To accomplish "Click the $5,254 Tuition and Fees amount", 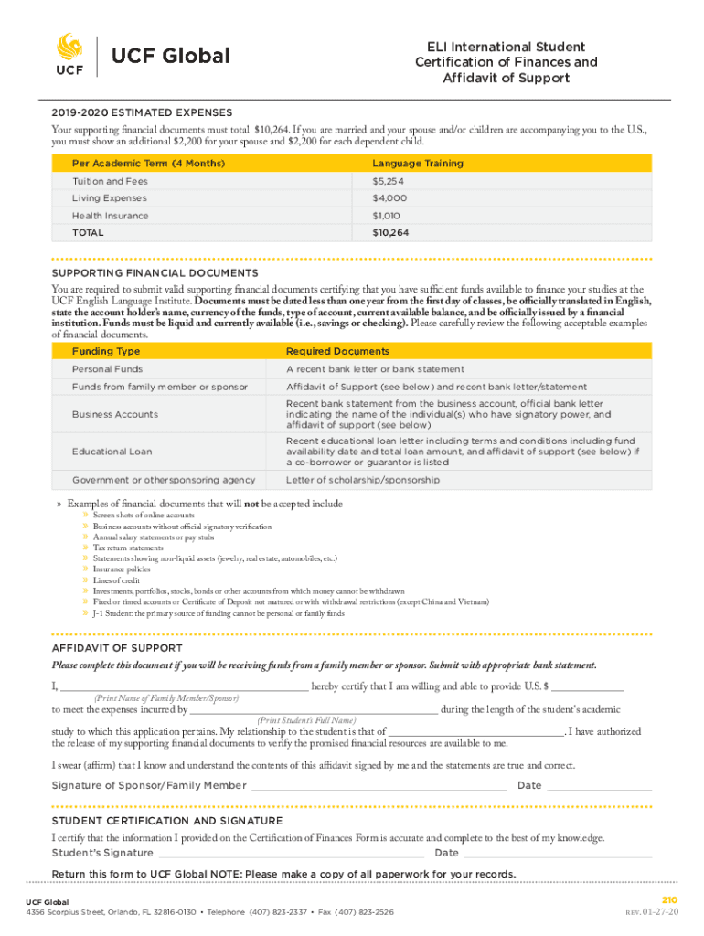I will coord(388,181).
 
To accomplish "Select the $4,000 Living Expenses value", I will coord(389,198).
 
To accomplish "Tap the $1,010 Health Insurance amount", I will coord(387,216).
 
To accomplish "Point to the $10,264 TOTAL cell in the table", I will coord(390,233).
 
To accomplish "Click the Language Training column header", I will coord(417,164).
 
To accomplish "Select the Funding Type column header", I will coord(106,351).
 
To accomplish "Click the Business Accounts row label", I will coord(115,414).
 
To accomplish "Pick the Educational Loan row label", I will coord(112,452).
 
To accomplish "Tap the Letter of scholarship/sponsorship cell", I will coord(362,480).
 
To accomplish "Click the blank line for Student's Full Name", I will coord(314,711).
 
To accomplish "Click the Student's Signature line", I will coord(291,855).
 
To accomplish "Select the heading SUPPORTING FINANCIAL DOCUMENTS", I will coord(155,273).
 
